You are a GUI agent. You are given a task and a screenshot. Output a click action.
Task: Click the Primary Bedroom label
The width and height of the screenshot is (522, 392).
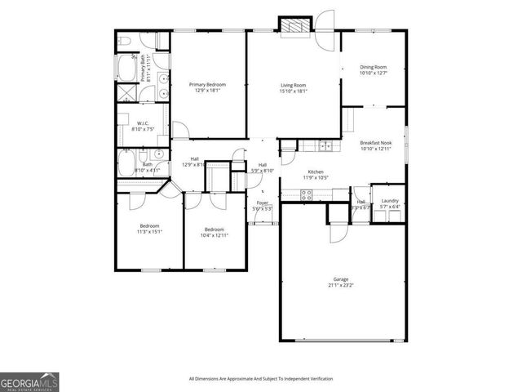click(207, 84)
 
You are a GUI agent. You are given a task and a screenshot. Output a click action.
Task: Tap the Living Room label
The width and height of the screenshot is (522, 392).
click(294, 84)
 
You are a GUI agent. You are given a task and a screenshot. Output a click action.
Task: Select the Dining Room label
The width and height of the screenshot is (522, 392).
click(373, 67)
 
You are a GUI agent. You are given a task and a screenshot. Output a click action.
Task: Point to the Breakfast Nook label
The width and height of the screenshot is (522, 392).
click(376, 143)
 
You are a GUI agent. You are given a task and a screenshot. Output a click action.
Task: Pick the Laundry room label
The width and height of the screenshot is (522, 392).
click(390, 201)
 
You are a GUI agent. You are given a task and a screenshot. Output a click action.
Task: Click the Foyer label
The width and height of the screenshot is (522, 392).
click(263, 203)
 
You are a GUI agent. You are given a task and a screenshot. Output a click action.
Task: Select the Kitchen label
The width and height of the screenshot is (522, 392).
click(316, 171)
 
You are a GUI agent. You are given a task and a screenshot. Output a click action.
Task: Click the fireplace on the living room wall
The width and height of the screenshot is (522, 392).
click(294, 27)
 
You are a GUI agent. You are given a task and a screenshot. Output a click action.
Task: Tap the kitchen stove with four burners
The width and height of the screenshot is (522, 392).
click(307, 194)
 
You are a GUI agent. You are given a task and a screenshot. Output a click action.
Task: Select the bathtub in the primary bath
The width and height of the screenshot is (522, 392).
click(128, 66)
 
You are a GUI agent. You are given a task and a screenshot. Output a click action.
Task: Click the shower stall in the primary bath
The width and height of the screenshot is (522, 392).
click(127, 94)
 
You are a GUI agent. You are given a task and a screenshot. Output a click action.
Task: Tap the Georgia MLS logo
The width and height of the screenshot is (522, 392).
click(29, 381)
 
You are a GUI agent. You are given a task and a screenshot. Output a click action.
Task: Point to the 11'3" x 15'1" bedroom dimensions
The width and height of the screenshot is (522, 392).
click(149, 232)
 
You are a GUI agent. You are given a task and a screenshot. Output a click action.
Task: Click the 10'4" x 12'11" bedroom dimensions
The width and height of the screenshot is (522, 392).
click(214, 235)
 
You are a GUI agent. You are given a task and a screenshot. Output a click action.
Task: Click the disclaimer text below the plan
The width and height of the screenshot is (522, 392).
click(260, 379)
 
